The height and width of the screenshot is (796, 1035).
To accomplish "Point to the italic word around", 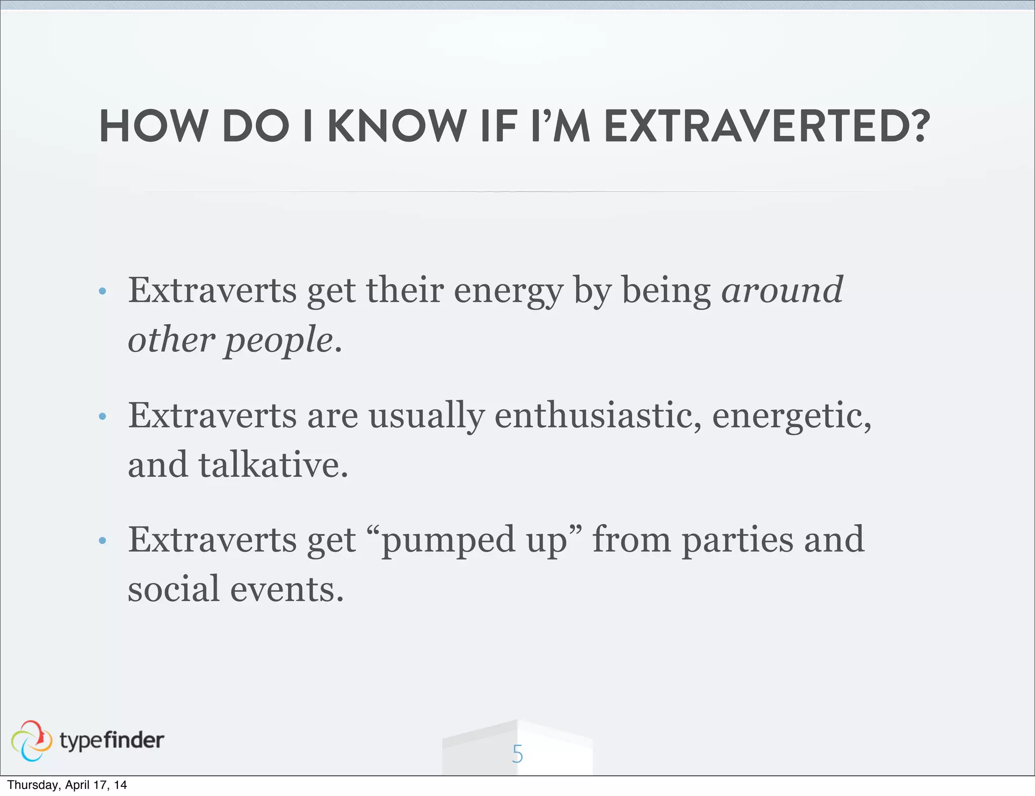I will [782, 291].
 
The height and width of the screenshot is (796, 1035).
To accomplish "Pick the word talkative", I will [272, 465].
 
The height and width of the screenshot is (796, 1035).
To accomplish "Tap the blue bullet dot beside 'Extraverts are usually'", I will [103, 417].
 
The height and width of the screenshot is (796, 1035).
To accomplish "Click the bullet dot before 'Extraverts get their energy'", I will [103, 291].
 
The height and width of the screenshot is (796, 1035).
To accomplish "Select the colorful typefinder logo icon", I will [31, 740].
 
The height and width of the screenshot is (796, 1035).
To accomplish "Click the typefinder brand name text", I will [112, 740].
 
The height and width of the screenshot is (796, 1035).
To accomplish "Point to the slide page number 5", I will [517, 754].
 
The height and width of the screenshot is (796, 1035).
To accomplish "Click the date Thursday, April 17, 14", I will [67, 785].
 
